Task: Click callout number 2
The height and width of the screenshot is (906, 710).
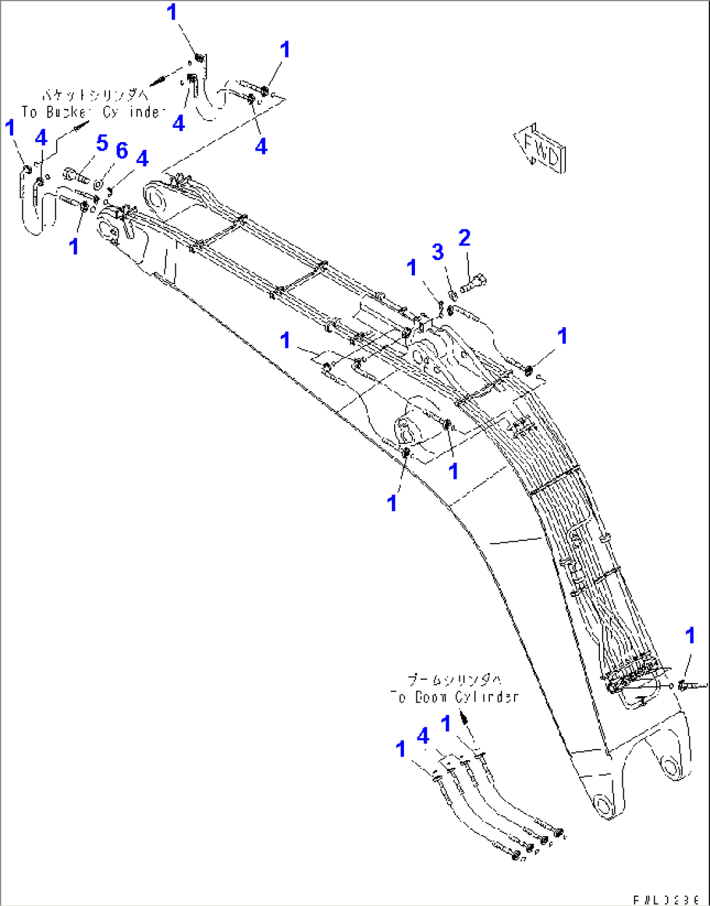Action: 464,238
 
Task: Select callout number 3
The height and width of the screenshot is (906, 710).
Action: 438,252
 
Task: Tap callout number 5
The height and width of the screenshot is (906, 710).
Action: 102,143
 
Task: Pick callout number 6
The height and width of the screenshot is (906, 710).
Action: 122,151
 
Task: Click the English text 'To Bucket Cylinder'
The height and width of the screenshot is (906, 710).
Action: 91,112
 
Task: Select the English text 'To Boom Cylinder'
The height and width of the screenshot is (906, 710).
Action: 454,697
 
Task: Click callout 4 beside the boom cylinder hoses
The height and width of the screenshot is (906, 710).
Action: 423,737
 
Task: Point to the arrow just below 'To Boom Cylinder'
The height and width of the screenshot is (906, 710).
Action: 464,718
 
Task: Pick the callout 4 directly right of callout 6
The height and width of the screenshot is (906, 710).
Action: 142,158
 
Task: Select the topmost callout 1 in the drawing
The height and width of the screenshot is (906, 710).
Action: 173,12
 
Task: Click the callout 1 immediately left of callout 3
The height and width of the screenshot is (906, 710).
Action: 412,267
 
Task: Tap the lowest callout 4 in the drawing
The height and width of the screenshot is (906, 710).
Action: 423,737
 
